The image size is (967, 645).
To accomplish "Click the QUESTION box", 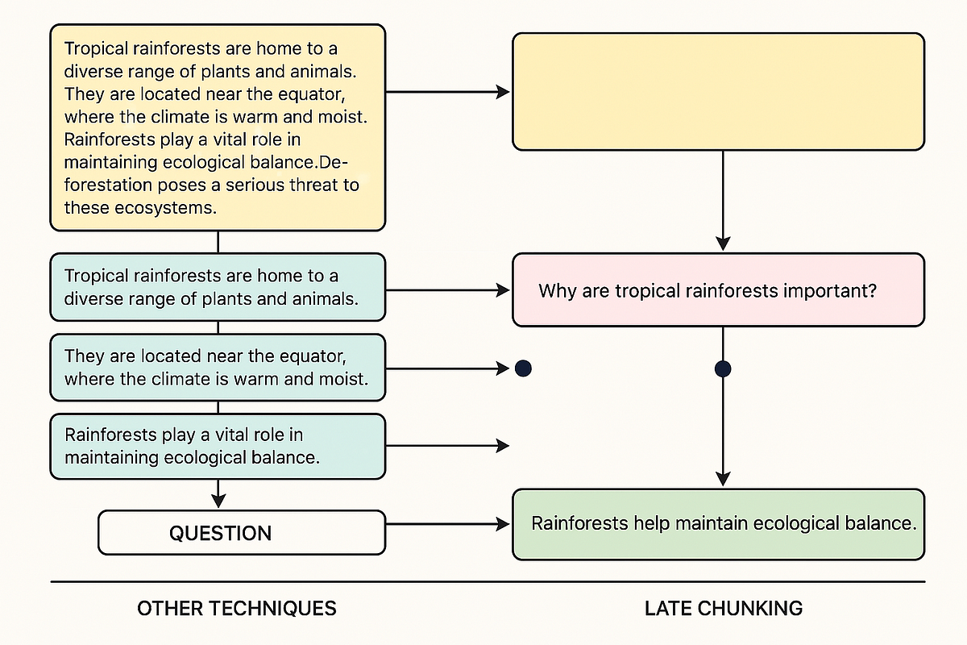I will (x=241, y=533).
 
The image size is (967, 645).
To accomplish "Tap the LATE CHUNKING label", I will (x=723, y=608).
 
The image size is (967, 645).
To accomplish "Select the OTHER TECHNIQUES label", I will (x=236, y=608).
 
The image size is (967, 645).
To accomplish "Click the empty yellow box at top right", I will (x=718, y=91).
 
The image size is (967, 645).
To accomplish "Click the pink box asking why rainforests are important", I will (x=718, y=290).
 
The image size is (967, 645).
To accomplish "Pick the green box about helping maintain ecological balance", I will (x=718, y=524).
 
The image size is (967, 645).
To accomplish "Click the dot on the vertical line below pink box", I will (x=723, y=369).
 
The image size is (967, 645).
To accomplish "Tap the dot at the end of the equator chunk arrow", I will (x=523, y=369).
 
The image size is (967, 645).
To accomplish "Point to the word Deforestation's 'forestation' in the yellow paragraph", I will (x=108, y=185).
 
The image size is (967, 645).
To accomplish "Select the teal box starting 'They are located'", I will (x=218, y=367).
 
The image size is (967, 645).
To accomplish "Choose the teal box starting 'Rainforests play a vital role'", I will (x=218, y=446).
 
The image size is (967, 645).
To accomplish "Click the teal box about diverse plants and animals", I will (x=218, y=287).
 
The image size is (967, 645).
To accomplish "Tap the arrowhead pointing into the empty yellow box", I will (x=504, y=92).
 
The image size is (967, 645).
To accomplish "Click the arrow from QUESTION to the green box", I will (x=447, y=524).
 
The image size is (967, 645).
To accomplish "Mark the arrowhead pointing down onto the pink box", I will (x=723, y=243).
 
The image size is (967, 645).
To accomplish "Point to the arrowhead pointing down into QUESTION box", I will (x=218, y=501).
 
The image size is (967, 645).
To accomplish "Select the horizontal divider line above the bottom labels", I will (x=488, y=581).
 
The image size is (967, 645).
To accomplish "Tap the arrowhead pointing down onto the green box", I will (x=723, y=478).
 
